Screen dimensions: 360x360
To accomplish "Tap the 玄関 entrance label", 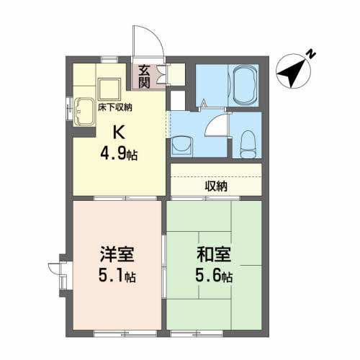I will click(x=145, y=74).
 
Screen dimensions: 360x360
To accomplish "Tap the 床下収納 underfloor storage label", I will click(x=115, y=107).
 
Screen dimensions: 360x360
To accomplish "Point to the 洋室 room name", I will click(x=117, y=256).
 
